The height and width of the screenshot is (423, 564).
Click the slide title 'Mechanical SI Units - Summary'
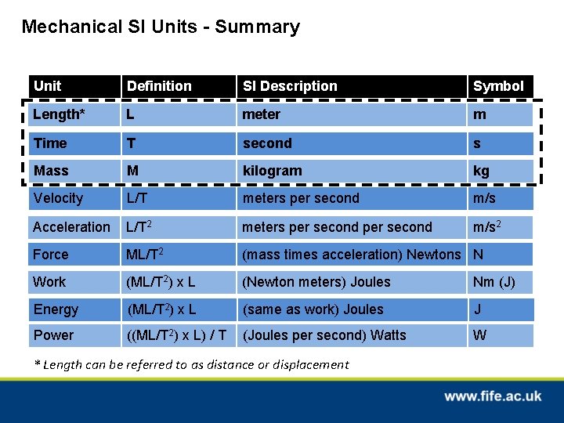click(x=161, y=27)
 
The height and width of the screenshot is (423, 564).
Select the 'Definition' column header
click(x=159, y=86)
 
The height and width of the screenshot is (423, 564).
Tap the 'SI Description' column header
click(x=290, y=86)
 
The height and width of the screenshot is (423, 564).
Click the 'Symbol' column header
click(x=498, y=86)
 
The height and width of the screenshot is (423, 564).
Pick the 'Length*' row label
click(x=58, y=114)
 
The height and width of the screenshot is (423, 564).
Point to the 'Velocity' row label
click(x=58, y=198)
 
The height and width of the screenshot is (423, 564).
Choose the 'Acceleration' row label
click(x=71, y=227)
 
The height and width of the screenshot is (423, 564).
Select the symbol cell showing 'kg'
click(x=481, y=171)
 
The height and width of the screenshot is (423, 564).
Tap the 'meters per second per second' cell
click(x=337, y=227)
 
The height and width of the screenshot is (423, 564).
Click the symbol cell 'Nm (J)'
click(x=493, y=282)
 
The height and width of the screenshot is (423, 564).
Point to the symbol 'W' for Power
click(x=480, y=335)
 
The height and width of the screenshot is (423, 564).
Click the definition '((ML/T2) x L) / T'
click(x=177, y=335)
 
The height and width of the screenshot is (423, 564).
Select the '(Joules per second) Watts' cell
click(x=324, y=335)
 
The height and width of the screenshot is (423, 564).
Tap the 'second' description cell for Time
click(x=267, y=143)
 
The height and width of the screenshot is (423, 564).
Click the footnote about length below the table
click(x=193, y=364)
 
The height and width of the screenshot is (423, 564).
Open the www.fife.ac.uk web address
click(x=493, y=396)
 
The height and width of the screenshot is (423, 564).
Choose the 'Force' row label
click(x=51, y=255)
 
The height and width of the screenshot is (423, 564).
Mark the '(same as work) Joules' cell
click(x=313, y=309)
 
